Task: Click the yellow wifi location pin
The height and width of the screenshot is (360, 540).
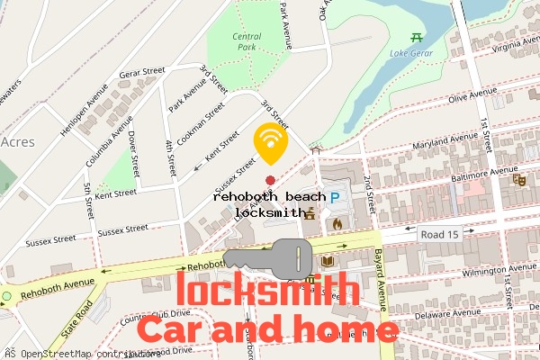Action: click(x=270, y=142)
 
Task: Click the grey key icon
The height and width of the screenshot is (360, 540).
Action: click(x=268, y=258)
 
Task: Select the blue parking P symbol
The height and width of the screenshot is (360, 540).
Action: click(x=335, y=197)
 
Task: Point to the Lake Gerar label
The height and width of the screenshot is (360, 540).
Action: click(x=409, y=53)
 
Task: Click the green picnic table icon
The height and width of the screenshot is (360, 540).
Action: click(x=416, y=37)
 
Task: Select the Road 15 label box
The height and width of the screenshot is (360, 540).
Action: click(x=439, y=234)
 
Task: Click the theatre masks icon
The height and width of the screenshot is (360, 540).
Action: click(x=518, y=180)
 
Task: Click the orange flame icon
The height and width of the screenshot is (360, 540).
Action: click(x=337, y=223)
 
